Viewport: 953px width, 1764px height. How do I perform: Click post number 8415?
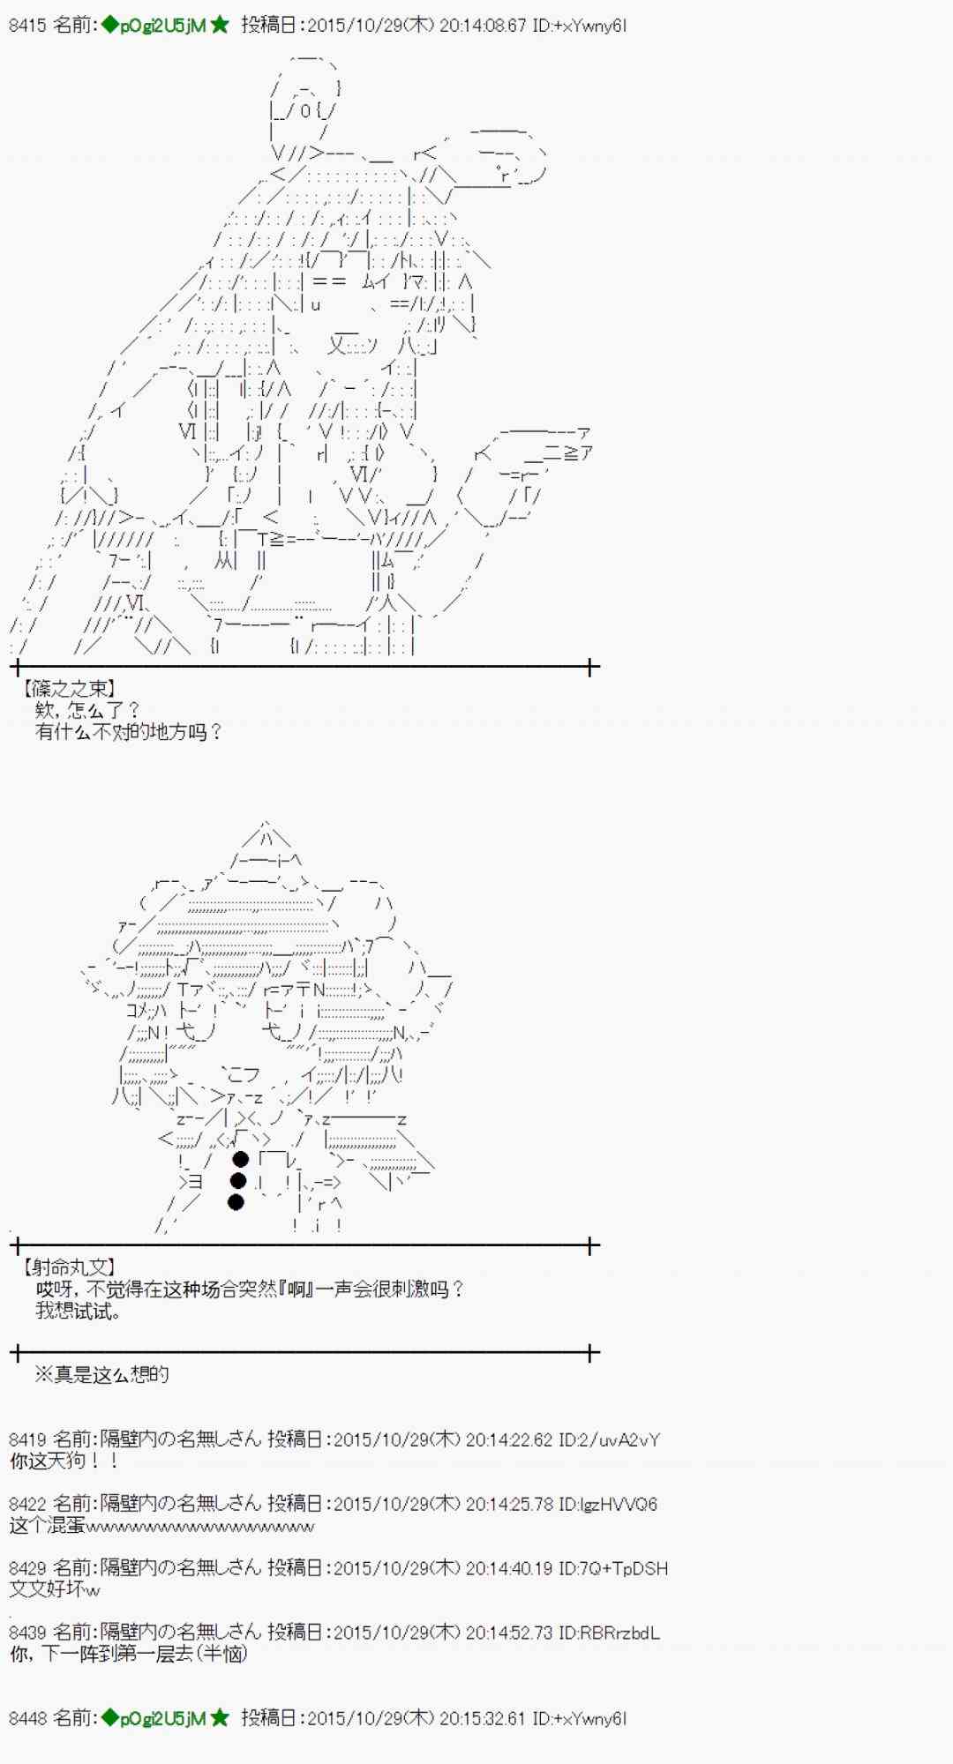coord(26,26)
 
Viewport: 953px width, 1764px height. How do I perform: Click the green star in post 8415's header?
coord(220,26)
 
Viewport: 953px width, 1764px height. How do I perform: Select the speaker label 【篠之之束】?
coord(69,688)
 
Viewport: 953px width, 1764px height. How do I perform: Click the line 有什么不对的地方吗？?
coord(129,731)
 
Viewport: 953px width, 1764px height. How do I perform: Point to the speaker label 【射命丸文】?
coord(69,1267)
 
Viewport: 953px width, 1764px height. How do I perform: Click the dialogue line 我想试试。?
coord(79,1311)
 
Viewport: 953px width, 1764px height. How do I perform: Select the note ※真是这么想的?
coord(101,1374)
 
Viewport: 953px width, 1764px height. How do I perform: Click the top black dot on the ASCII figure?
coord(240,1159)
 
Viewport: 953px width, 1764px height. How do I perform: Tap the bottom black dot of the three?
coord(236,1202)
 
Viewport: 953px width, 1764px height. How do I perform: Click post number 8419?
coord(26,1439)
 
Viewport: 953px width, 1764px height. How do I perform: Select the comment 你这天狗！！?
coord(64,1461)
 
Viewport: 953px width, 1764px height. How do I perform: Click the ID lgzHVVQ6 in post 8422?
coord(609,1504)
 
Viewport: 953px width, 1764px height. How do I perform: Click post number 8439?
coord(26,1633)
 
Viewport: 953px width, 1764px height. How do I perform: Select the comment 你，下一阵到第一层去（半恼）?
coord(128,1654)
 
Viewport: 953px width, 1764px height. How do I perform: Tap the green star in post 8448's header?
coord(220,1718)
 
